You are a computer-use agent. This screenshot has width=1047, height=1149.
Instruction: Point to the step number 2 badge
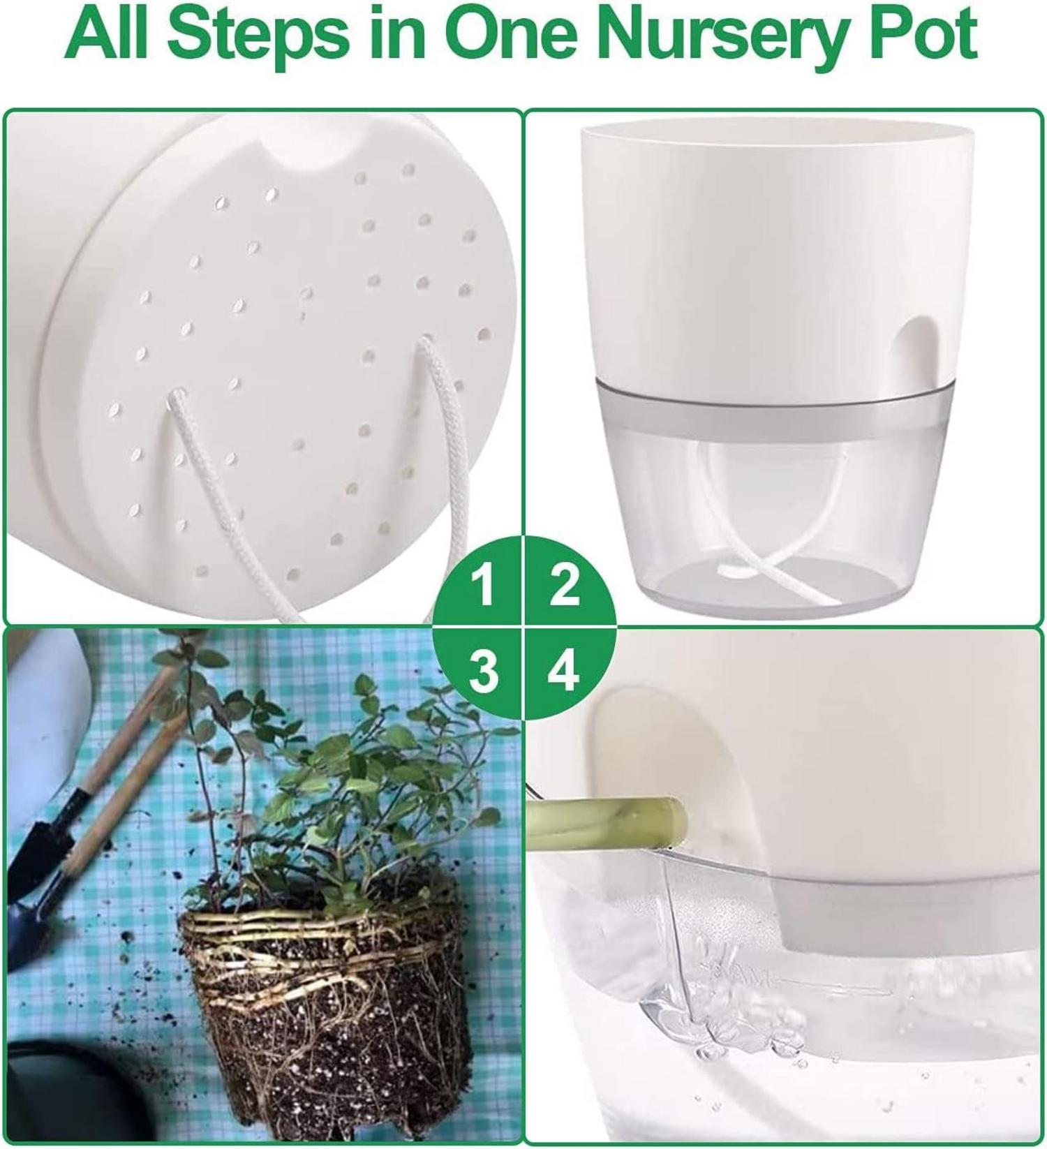pyautogui.click(x=564, y=585)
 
